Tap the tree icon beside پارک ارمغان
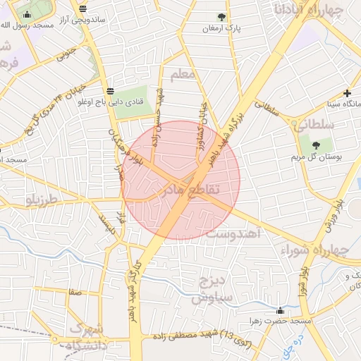(x=222, y=16)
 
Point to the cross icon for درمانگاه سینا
(x=347, y=93)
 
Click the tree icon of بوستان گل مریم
(x=315, y=145)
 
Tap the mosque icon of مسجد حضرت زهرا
(x=281, y=310)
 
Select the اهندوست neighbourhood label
(x=235, y=232)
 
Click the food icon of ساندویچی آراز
(x=84, y=8)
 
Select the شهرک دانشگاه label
(x=87, y=338)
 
